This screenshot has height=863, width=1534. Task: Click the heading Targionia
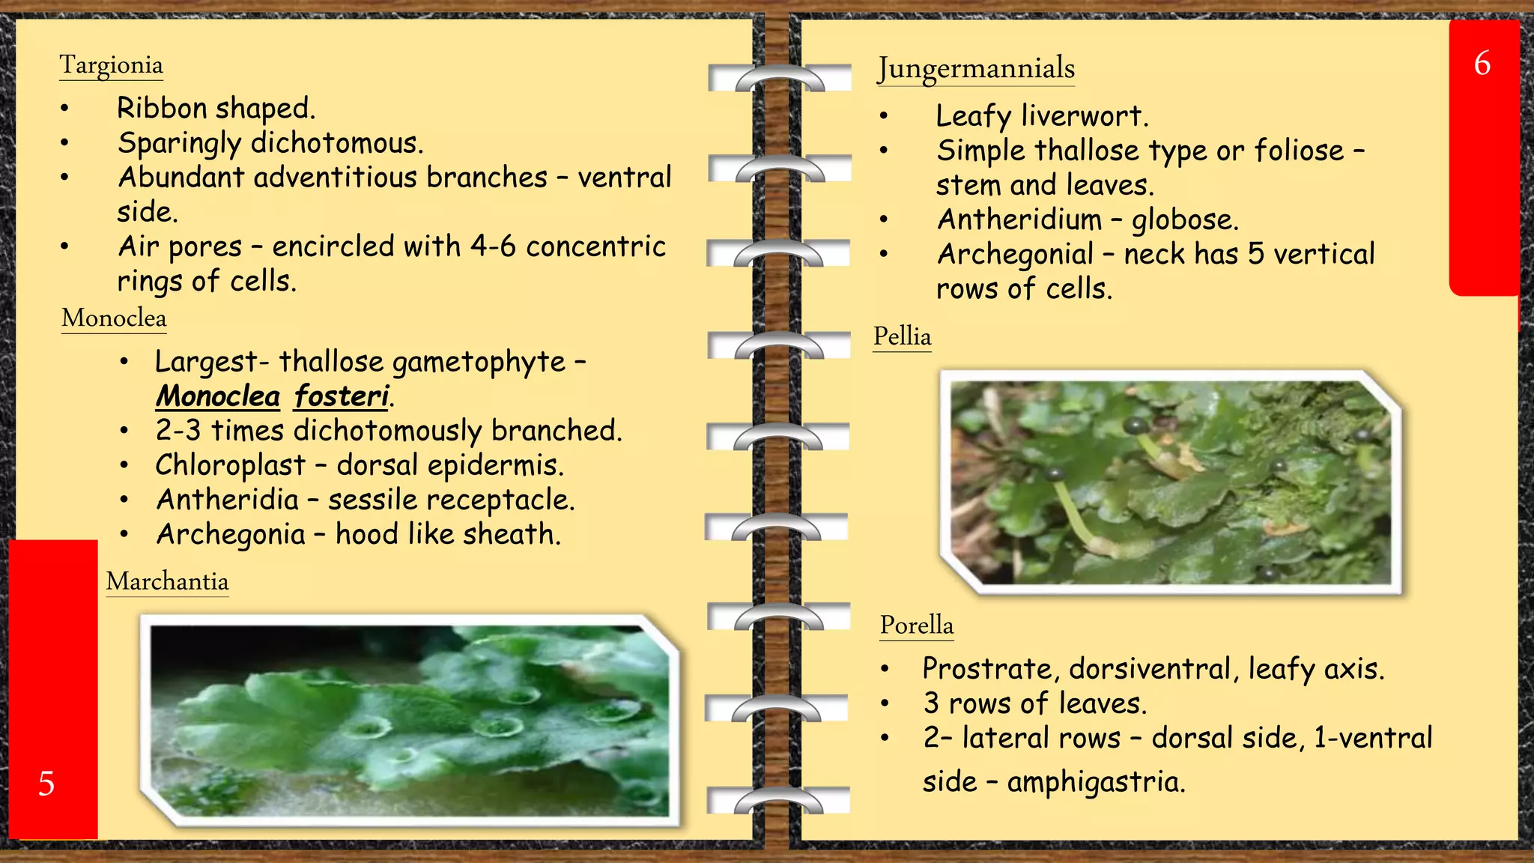[x=111, y=65]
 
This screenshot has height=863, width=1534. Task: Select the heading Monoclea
[x=114, y=318]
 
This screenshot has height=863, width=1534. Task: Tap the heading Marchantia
[x=167, y=581]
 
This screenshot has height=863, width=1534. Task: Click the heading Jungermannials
[x=976, y=68]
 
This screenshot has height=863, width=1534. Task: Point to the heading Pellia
[x=902, y=336]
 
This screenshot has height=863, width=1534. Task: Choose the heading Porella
[x=916, y=626]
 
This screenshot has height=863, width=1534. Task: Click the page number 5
[x=46, y=784]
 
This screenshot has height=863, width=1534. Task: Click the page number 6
[x=1482, y=64]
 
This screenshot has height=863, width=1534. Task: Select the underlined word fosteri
[x=342, y=396]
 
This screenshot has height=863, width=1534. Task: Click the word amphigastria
[x=1095, y=782]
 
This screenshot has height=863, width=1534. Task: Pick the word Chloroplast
[x=230, y=465]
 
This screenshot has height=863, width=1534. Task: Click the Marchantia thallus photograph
[x=409, y=721]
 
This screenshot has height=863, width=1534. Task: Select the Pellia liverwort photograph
[x=1170, y=482]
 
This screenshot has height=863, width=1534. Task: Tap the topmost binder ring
[x=779, y=78]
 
